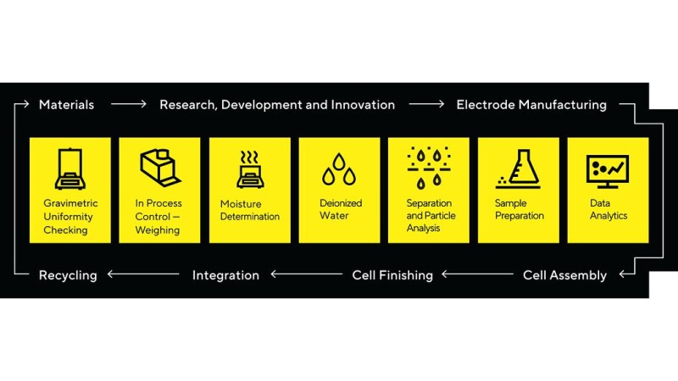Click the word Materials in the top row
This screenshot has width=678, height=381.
[x=66, y=104]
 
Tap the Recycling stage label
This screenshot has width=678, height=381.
[x=68, y=276]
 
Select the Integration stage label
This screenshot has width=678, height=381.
[x=225, y=276]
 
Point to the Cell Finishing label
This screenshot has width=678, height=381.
[x=392, y=275]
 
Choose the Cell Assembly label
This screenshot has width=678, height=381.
[x=564, y=275]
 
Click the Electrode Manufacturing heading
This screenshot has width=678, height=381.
[x=531, y=104]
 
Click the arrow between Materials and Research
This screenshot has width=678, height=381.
[x=129, y=103]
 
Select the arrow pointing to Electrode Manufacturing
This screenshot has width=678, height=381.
[x=426, y=103]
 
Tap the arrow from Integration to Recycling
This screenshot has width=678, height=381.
[x=143, y=273]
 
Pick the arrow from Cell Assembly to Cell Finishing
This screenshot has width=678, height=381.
[x=477, y=273]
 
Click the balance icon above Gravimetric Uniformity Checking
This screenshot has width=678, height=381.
[x=70, y=168]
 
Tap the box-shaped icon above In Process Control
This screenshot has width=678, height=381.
[x=160, y=168]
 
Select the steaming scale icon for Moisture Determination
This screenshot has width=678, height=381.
[x=250, y=169]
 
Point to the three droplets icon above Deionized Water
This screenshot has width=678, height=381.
[x=339, y=169]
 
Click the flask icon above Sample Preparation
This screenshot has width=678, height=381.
[x=518, y=168]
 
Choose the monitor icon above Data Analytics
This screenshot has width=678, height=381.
[x=608, y=172]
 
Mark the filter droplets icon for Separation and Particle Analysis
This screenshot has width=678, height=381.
[x=429, y=168]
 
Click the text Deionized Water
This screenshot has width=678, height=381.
[x=341, y=209]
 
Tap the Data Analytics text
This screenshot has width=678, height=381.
[x=609, y=209]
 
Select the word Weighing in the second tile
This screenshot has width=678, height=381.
[x=158, y=230]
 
